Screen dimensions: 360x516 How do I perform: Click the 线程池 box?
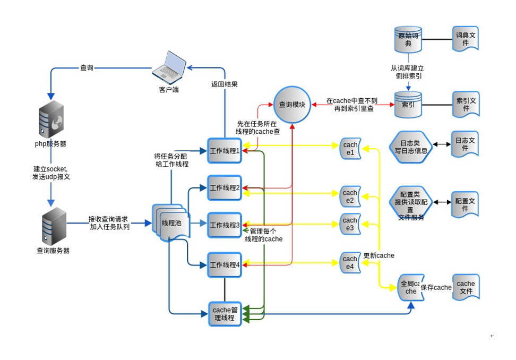171,223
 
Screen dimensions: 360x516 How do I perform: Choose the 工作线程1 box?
225,151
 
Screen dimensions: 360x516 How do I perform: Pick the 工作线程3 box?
225,225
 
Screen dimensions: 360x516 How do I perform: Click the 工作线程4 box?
225,264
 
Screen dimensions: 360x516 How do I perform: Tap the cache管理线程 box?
225,314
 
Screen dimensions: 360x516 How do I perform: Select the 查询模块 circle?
292,105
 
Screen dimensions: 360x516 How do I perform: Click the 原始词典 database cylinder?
408,39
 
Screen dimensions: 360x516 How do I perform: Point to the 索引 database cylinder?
408,105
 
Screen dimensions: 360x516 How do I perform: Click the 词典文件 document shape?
466,39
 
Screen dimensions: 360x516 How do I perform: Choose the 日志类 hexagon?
410,147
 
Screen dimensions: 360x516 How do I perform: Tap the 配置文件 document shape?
465,204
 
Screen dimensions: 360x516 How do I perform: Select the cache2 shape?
350,196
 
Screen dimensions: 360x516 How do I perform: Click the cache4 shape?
350,263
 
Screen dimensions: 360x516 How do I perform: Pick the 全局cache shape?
410,288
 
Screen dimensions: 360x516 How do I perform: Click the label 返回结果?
224,84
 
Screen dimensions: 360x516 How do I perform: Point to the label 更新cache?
379,255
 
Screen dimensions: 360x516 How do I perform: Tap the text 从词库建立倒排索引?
407,72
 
